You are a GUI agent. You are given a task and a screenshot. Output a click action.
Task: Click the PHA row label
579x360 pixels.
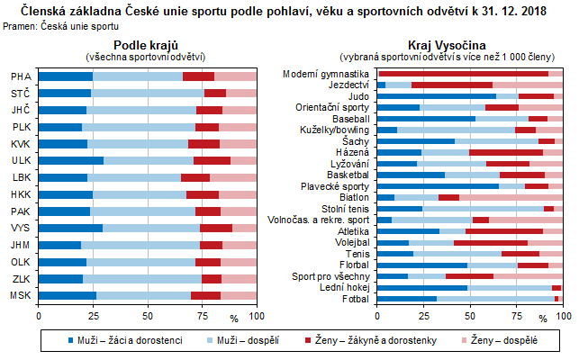pos(20,76)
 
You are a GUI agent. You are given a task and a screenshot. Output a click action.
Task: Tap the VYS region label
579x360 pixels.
pos(20,229)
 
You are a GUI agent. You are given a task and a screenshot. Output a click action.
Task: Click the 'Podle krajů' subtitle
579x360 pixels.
pos(148,45)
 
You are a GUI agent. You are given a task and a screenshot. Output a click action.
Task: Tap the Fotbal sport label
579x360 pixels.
pos(355,298)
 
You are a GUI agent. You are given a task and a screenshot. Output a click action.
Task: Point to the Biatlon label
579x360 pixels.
pos(353,197)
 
